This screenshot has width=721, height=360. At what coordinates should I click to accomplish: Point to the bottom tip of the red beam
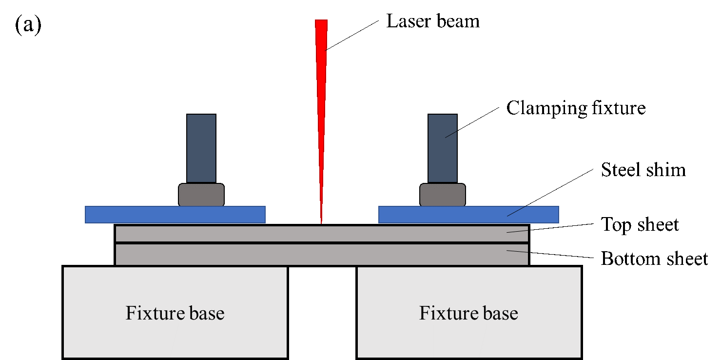click(321, 223)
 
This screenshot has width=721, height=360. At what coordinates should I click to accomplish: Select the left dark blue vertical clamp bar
click(201, 148)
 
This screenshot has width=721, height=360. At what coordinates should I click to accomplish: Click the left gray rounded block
click(201, 195)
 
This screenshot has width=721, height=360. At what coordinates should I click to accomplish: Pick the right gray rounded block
click(442, 195)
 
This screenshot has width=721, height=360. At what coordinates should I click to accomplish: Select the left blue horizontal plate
click(175, 215)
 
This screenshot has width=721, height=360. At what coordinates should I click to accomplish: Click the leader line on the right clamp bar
click(451, 134)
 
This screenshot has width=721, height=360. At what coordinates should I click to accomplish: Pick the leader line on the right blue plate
click(517, 211)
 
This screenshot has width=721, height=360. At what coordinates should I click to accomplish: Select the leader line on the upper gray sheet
click(517, 231)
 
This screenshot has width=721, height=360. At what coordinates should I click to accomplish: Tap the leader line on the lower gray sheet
click(517, 251)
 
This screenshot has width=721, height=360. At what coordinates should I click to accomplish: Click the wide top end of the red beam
click(321, 21)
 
